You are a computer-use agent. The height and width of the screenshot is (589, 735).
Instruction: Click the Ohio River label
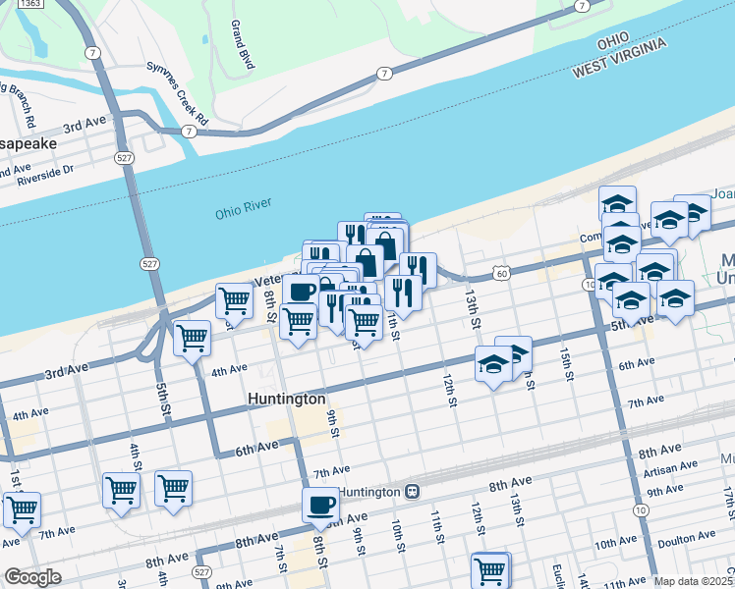242,214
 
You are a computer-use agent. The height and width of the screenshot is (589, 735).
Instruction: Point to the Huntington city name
286,400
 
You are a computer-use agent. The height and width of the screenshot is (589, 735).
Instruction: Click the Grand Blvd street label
242,44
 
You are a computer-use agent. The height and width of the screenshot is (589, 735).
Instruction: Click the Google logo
32,577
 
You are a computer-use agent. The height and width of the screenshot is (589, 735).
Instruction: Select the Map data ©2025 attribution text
694,581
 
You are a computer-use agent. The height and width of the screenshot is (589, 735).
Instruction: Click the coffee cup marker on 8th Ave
320,506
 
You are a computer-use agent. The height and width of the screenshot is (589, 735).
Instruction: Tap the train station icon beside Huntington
413,491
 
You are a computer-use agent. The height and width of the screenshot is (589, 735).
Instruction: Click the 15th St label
566,363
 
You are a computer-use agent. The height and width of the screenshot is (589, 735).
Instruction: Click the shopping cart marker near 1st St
22,509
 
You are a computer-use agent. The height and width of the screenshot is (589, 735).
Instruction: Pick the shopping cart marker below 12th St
489,569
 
